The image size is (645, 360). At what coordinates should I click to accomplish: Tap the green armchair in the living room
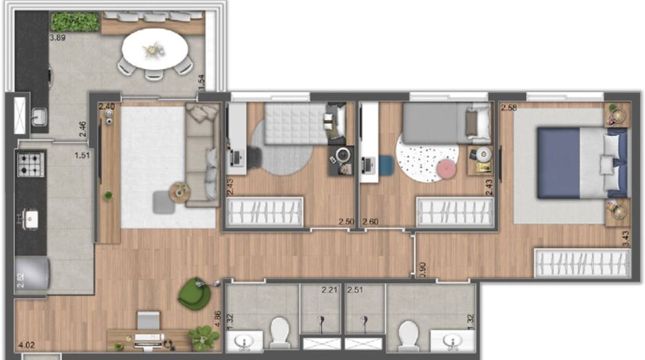coord(194,294)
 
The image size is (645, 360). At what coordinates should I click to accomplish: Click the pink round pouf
coord(446,169)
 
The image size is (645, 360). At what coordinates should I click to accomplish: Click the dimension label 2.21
coord(330,290)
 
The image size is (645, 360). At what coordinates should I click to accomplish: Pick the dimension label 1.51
coord(82,155)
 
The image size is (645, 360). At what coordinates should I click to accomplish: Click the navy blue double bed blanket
coord(559,161)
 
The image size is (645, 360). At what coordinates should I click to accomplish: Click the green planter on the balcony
coord(75,21)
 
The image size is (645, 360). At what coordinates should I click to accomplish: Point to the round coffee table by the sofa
coord(179,192)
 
